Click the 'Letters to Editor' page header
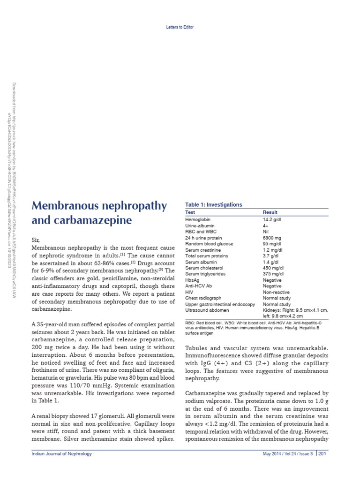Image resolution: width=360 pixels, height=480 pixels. pos(180,27)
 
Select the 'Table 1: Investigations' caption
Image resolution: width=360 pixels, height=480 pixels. pos(214,205)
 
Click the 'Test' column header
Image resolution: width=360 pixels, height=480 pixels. pos(190,212)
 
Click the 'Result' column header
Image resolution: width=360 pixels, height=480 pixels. pos(270,212)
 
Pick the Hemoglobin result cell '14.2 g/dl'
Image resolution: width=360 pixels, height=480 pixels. pos(272,219)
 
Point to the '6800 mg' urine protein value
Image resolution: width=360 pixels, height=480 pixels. pos(272,238)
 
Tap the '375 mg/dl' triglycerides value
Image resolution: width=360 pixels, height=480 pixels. pos(273,274)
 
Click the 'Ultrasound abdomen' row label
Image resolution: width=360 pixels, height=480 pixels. pos(207,310)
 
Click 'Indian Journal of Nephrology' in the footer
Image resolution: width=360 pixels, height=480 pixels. pos(61,454)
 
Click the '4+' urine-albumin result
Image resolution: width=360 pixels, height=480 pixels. pos(266,225)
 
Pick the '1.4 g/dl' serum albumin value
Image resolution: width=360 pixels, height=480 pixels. pos(271,262)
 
